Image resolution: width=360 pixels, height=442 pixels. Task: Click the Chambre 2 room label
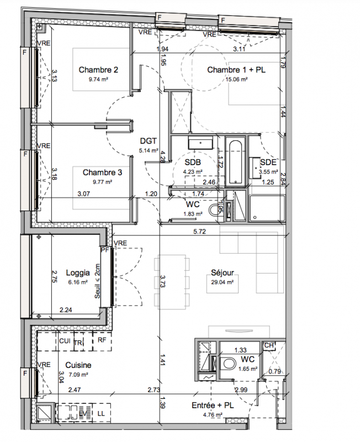pyautogui.click(x=98, y=70)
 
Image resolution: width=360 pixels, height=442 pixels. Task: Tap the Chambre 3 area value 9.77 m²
pyautogui.click(x=103, y=182)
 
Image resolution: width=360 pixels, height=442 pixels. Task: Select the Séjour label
pyautogui.click(x=223, y=272)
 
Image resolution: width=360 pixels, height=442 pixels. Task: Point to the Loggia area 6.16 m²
pyautogui.click(x=78, y=282)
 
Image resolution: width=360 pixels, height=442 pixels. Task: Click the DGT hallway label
pyautogui.click(x=148, y=141)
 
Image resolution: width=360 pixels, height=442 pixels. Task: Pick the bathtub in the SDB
pyautogui.click(x=235, y=163)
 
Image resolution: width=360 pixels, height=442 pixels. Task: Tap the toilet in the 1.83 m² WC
pyautogui.click(x=214, y=209)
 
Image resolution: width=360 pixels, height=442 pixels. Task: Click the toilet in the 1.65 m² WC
pyautogui.click(x=229, y=364)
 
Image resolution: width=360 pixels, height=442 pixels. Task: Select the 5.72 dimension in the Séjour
pyautogui.click(x=199, y=231)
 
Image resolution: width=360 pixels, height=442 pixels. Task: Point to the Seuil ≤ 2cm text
pyautogui.click(x=98, y=281)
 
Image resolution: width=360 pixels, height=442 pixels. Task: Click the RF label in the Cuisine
pyautogui.click(x=102, y=340)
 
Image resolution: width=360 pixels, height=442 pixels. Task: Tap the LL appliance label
pyautogui.click(x=101, y=413)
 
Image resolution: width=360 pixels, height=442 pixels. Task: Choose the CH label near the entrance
pyautogui.click(x=269, y=345)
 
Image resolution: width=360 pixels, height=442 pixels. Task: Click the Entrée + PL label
pyautogui.click(x=213, y=406)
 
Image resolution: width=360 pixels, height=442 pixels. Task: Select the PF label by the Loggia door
pyautogui.click(x=105, y=250)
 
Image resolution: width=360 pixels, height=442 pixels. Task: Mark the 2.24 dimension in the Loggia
pyautogui.click(x=66, y=310)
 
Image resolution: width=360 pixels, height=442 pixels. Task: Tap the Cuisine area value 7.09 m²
pyautogui.click(x=78, y=375)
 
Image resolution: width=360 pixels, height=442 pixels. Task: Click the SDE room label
pyautogui.click(x=268, y=162)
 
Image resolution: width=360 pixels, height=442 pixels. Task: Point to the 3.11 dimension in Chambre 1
pyautogui.click(x=239, y=49)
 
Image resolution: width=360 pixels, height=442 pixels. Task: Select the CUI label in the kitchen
pyautogui.click(x=65, y=341)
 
